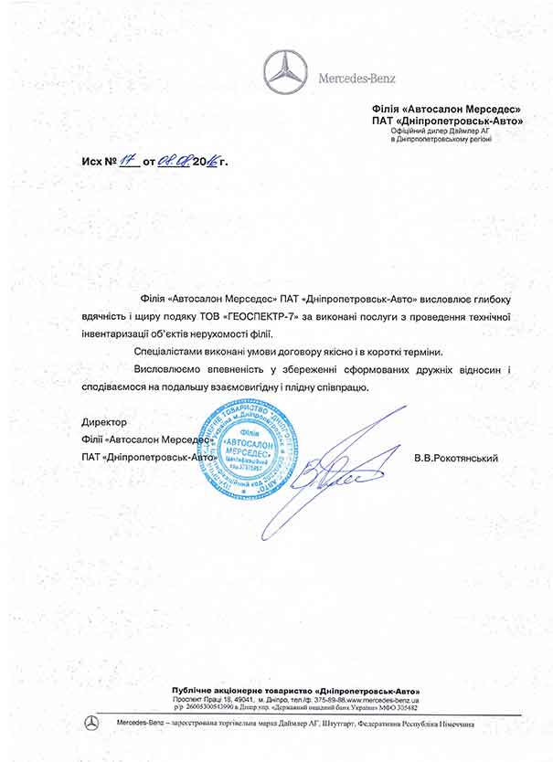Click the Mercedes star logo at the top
[287, 72]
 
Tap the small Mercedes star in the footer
[91, 723]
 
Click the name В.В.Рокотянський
[455, 458]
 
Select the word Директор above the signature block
[103, 424]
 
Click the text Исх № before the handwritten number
[96, 162]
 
